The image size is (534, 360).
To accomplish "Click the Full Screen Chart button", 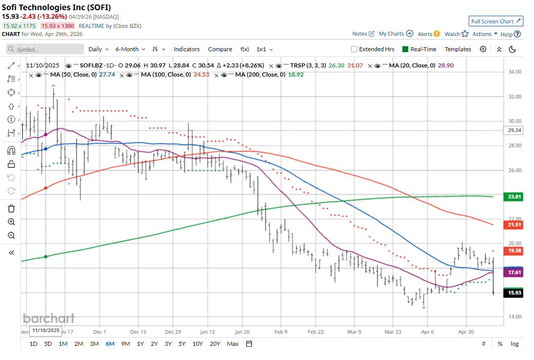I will point(495,21).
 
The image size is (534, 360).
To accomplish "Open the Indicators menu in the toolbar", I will point(186,49).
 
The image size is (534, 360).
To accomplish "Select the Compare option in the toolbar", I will point(220,49).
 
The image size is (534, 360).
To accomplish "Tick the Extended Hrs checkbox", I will point(354,49).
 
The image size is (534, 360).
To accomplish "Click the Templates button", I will point(457,49).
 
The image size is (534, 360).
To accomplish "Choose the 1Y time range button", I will point(140,344).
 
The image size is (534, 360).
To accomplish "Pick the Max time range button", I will point(233,344).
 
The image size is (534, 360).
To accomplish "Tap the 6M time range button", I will point(109,344).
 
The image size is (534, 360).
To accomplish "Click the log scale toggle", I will point(514,344).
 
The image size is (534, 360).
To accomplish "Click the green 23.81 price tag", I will point(514,197).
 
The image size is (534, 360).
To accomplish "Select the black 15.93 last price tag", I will point(514,293).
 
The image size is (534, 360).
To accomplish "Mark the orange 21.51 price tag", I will point(514,225).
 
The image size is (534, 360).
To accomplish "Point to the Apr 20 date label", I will point(466,332).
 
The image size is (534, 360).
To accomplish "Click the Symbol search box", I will point(45,49).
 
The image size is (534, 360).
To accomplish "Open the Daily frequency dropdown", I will point(98,49).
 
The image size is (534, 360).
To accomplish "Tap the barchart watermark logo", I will point(49,318).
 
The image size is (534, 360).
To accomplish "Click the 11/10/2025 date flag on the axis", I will point(46,331).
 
